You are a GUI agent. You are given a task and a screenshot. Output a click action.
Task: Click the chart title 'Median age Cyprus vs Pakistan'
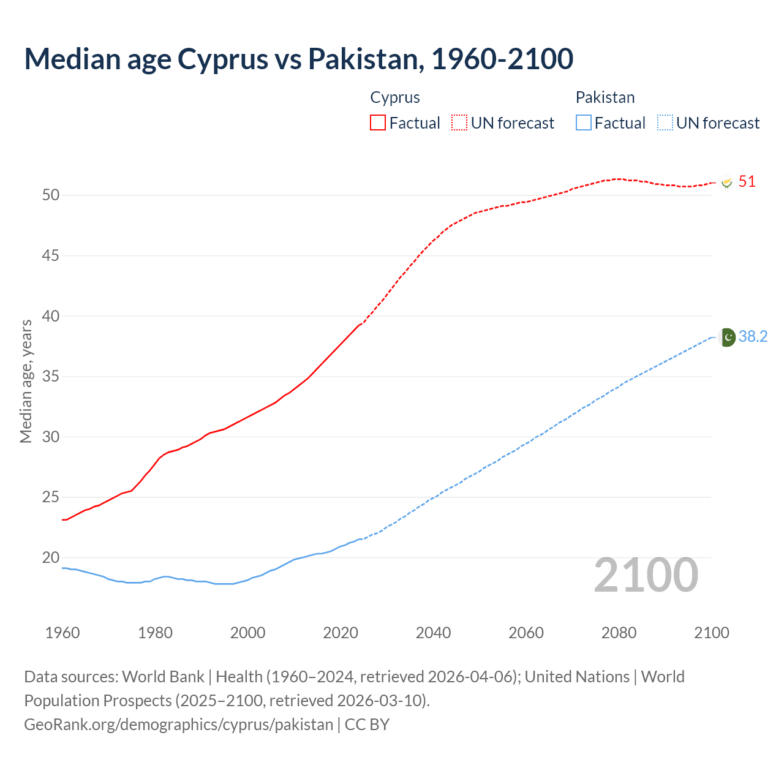tap(298, 59)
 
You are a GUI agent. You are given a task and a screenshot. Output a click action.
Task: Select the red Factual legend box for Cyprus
tap(378, 123)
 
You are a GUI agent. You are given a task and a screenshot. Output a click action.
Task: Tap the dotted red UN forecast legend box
tap(459, 123)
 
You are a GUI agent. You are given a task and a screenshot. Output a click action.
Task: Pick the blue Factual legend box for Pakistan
tap(583, 123)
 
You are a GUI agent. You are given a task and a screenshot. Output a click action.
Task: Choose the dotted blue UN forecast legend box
tap(665, 123)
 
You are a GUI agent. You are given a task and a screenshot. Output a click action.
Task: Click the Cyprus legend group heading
tap(395, 97)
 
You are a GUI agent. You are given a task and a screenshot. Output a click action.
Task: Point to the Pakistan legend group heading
tap(605, 97)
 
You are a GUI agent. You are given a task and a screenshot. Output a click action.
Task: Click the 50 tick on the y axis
tap(51, 195)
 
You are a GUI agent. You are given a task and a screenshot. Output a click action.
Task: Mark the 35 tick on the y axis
tap(51, 376)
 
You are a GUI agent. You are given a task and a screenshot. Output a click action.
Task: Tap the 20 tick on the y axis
tap(51, 557)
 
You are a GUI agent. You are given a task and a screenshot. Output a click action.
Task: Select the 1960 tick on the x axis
tap(62, 633)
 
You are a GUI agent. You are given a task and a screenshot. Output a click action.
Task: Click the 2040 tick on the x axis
tap(433, 633)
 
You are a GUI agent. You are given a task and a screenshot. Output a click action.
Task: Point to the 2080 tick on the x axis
tap(619, 633)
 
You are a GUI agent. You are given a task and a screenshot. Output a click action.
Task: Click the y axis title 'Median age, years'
tap(26, 381)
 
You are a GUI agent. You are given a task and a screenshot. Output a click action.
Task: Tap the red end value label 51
tap(747, 182)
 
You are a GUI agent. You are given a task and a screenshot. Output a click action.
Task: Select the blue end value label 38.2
tap(753, 337)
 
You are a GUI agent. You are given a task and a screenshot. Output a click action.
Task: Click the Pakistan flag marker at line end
tap(726, 337)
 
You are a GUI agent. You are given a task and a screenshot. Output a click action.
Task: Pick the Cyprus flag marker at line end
tap(726, 183)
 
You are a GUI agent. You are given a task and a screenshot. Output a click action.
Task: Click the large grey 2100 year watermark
tap(646, 575)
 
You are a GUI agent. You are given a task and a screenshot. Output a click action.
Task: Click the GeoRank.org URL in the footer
tap(178, 724)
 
